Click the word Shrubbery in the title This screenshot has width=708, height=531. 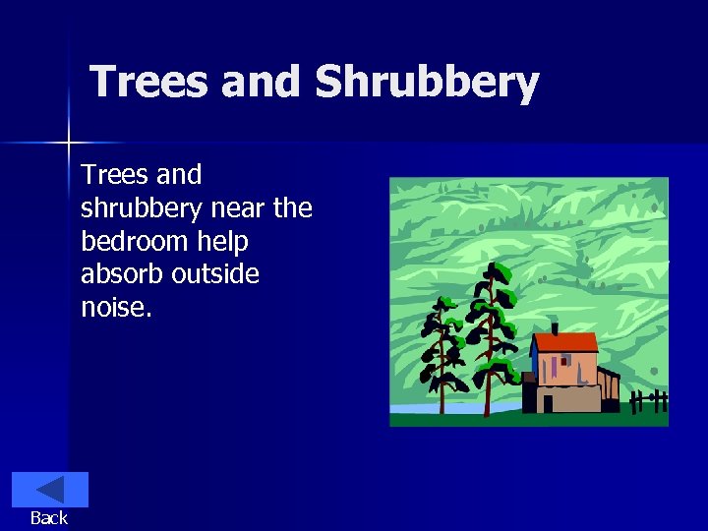click(x=427, y=83)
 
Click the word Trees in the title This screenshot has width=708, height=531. click(x=149, y=83)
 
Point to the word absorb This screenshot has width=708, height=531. click(x=122, y=274)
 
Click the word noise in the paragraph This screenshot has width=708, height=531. click(x=114, y=308)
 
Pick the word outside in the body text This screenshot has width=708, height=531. click(x=215, y=274)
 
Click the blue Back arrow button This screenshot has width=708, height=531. click(x=49, y=490)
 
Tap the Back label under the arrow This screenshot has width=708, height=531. click(x=49, y=518)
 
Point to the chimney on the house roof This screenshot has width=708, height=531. click(x=555, y=327)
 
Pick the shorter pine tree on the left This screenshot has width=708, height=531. click(x=441, y=354)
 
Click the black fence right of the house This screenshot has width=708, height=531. click(x=648, y=401)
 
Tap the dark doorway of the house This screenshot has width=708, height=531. click(x=547, y=403)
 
